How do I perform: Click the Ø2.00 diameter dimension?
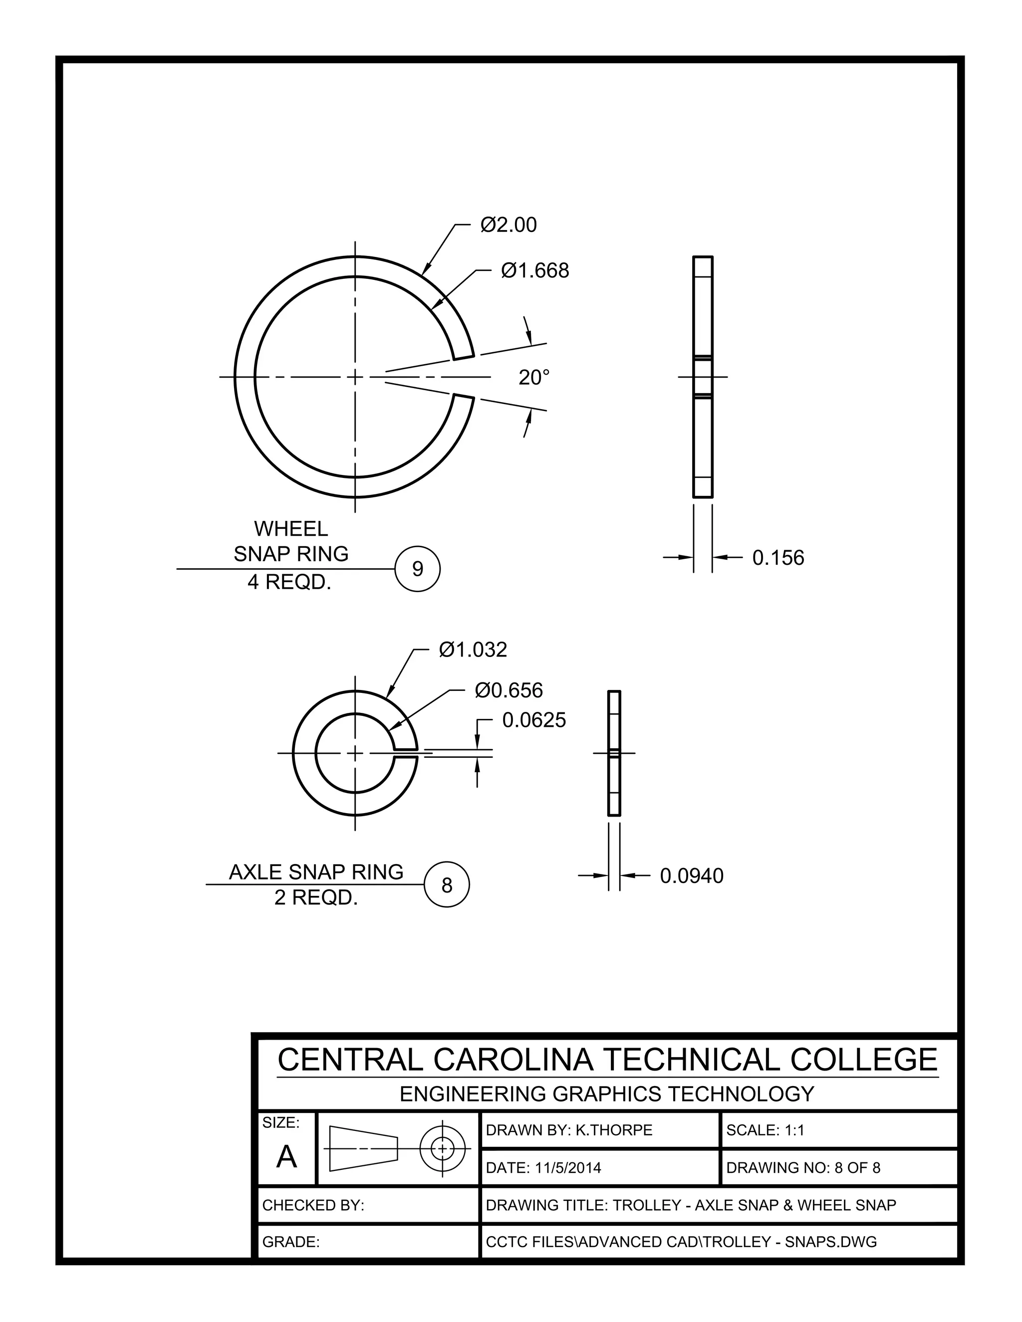click(x=508, y=225)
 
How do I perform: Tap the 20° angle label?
click(x=534, y=378)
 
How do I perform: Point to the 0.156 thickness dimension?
click(x=777, y=558)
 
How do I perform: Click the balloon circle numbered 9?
click(x=417, y=569)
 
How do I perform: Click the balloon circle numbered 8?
click(x=447, y=885)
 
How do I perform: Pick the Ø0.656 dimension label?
click(x=509, y=690)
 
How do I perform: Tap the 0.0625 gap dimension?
click(x=533, y=720)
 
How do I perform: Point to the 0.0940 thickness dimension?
click(x=692, y=876)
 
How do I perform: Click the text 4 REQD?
click(x=289, y=582)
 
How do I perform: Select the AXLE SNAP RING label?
click(x=316, y=872)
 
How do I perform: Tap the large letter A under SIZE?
click(x=286, y=1157)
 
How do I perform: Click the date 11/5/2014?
click(x=568, y=1168)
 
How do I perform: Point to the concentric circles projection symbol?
click(x=443, y=1148)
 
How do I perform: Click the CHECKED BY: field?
click(x=313, y=1205)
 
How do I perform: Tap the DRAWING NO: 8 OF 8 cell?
click(x=803, y=1168)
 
